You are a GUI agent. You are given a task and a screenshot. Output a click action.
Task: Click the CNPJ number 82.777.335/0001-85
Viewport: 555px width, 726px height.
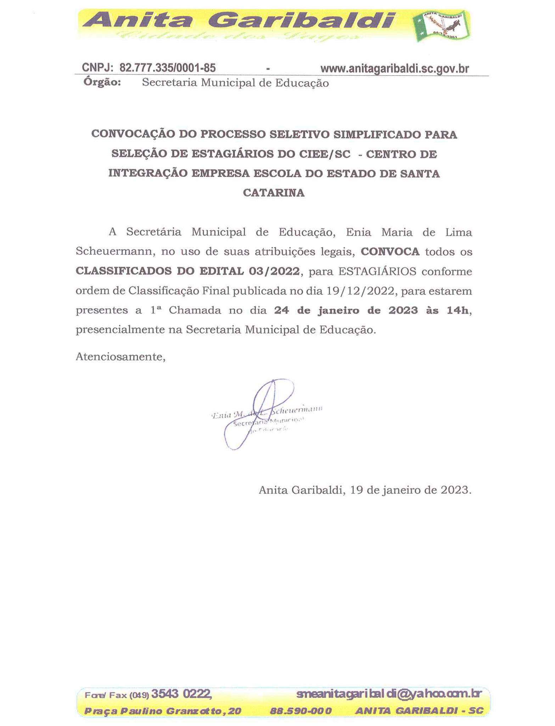point(168,68)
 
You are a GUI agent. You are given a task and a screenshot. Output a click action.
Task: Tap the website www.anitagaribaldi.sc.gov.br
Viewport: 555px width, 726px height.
point(394,68)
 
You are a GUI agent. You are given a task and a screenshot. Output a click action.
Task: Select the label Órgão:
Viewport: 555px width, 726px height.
point(102,82)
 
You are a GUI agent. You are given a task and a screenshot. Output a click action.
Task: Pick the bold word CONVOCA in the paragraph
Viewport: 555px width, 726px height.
point(390,252)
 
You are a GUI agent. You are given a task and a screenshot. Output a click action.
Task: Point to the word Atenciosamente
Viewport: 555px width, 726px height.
point(120,357)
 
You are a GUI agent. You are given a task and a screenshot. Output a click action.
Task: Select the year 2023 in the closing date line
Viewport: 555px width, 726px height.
point(455,490)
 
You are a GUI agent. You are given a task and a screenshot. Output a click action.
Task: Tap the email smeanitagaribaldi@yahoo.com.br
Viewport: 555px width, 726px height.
point(389,693)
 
